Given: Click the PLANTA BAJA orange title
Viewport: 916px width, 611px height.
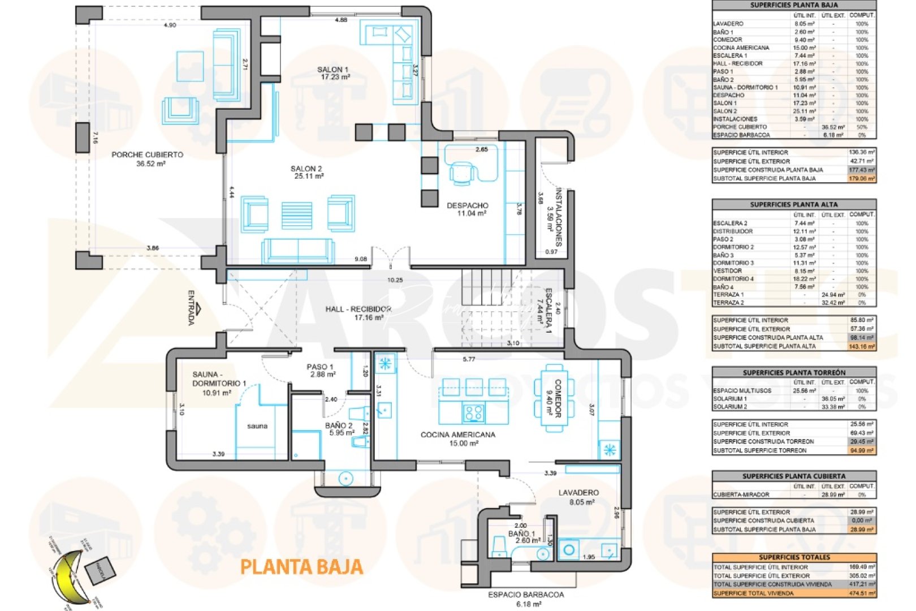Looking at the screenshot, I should [x=301, y=567].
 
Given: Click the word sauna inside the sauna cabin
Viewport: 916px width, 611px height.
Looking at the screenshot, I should [x=257, y=426].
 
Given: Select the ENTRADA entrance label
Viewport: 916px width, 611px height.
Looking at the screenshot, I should [x=192, y=308].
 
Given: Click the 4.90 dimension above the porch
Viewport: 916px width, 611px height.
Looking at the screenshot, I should [x=170, y=25].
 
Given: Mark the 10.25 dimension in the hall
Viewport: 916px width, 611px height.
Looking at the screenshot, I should [x=395, y=280].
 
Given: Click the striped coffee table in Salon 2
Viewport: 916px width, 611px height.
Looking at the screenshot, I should [x=297, y=216].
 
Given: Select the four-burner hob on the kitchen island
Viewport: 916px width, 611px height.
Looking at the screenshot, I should [x=473, y=413].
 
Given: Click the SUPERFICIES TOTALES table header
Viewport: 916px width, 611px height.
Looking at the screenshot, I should [x=794, y=557].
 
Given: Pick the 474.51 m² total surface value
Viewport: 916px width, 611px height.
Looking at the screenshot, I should [x=862, y=593].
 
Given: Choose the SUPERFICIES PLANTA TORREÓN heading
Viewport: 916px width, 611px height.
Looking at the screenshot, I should [x=794, y=373].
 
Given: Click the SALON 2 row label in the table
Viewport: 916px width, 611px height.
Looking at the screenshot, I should [x=725, y=111].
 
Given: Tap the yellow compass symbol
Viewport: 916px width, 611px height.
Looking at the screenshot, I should [x=68, y=577].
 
